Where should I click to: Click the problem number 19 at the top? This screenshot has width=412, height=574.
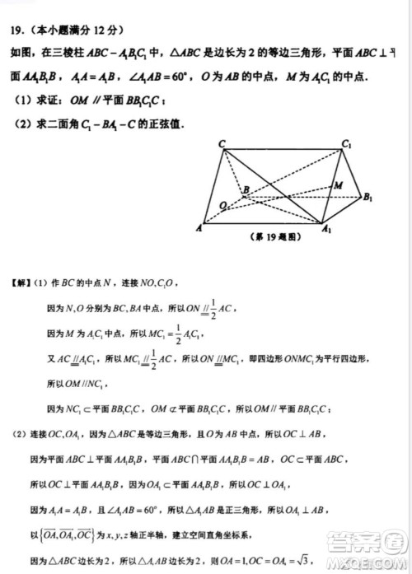pyautogui.click(x=16, y=30)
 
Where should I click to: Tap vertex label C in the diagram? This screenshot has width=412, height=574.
pyautogui.click(x=222, y=144)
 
